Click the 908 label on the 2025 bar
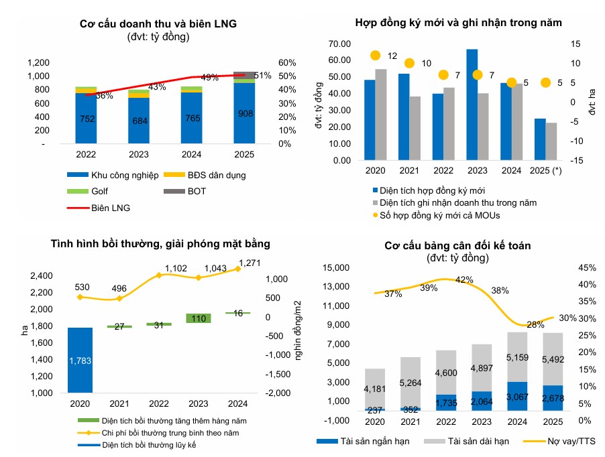click(x=245, y=114)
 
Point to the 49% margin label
click(x=210, y=78)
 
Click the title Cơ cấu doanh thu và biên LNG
click(x=158, y=24)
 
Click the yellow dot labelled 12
click(x=376, y=56)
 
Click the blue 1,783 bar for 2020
click(x=80, y=360)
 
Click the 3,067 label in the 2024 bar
click(x=516, y=398)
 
